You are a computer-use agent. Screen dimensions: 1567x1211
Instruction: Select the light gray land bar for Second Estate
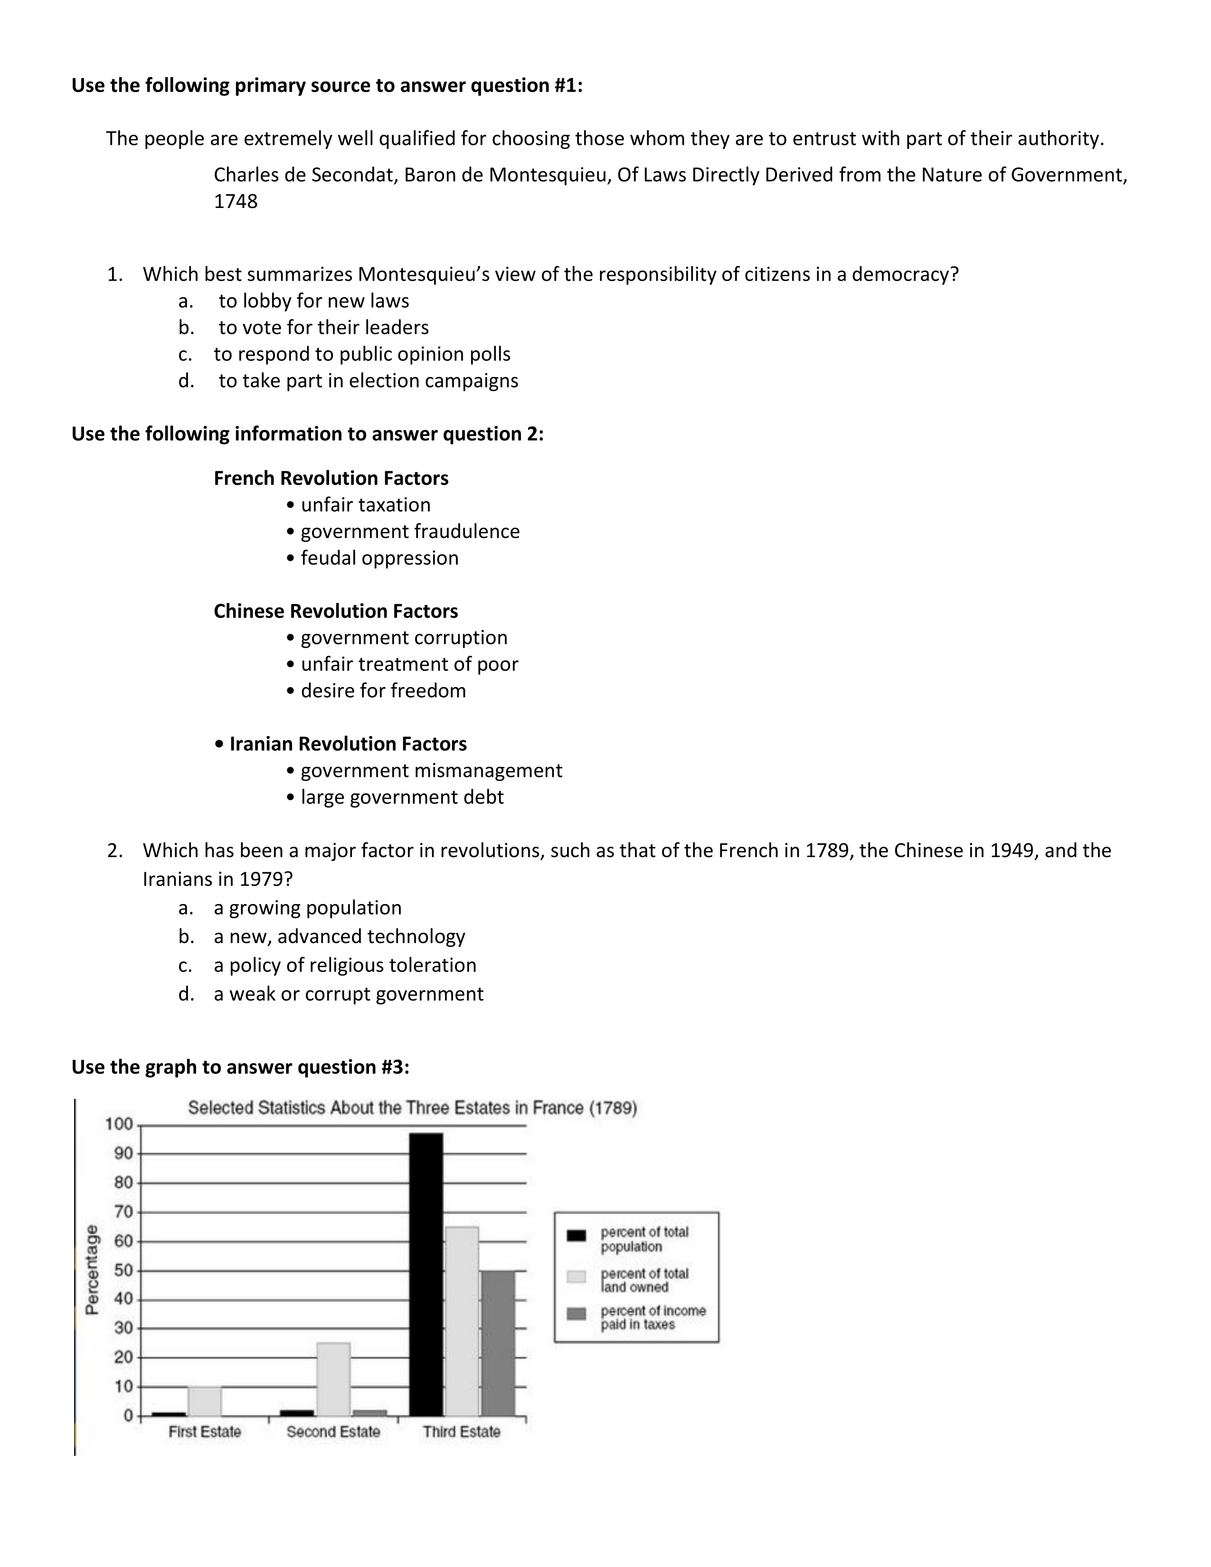pos(333,1378)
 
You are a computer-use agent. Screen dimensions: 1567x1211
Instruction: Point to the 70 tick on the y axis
pos(123,1212)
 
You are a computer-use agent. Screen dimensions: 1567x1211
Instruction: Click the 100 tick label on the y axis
pos(119,1124)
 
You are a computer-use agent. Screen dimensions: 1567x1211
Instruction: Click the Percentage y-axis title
pos(92,1269)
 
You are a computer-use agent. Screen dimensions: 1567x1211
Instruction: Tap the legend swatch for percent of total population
pos(576,1235)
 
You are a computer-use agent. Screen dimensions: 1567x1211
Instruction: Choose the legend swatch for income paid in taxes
pos(576,1314)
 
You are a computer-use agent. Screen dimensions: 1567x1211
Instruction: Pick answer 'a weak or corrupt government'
pos(349,994)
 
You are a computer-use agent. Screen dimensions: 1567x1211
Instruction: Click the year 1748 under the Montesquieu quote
pos(235,202)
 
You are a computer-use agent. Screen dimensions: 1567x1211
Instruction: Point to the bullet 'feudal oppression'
pos(379,558)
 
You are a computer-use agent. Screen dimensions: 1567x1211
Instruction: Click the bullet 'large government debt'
pos(402,797)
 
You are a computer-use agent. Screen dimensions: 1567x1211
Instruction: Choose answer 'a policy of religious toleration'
pos(345,965)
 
